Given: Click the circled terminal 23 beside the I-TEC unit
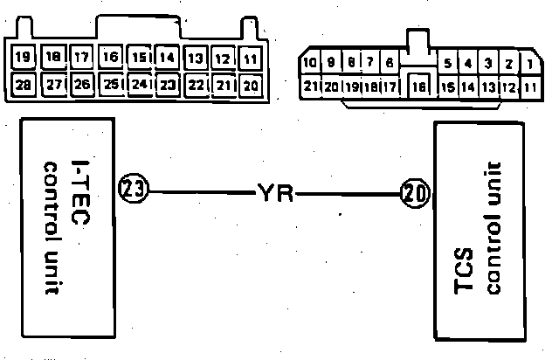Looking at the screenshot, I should pyautogui.click(x=135, y=188).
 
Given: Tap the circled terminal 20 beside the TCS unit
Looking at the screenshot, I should pyautogui.click(x=413, y=192).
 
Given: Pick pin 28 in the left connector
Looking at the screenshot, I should pyautogui.click(x=24, y=85).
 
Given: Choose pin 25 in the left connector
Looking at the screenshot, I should pyautogui.click(x=111, y=85).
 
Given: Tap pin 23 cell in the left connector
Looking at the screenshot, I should pyautogui.click(x=168, y=85).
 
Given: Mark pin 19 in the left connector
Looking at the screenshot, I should pyautogui.click(x=24, y=59).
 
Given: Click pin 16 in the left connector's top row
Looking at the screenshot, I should pyautogui.click(x=111, y=58).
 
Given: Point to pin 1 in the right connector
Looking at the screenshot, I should pyautogui.click(x=529, y=64).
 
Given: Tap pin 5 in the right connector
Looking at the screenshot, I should pyautogui.click(x=447, y=64).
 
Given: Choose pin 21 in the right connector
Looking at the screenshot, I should pyautogui.click(x=310, y=87).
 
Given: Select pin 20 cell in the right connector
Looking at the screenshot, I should pyautogui.click(x=332, y=87).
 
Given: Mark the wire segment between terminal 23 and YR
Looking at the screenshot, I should pyautogui.click(x=201, y=190).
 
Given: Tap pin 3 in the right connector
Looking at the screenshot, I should pyautogui.click(x=489, y=64).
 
